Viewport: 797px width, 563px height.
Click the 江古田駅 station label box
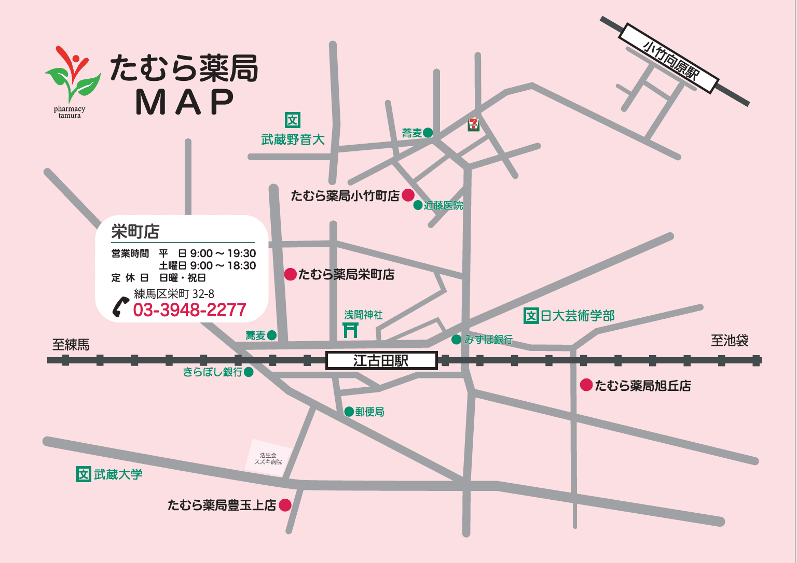[x=381, y=361]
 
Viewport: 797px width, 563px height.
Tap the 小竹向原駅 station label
[x=669, y=59]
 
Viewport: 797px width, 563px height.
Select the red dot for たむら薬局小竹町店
[x=408, y=195]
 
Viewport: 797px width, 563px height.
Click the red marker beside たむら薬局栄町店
[x=291, y=274]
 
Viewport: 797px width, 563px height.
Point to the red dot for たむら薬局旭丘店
[x=586, y=385]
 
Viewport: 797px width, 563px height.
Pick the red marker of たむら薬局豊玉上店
[x=285, y=504]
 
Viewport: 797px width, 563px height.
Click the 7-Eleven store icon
[x=473, y=124]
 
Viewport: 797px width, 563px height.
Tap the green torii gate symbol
[x=351, y=330]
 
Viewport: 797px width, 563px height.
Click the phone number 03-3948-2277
[x=189, y=310]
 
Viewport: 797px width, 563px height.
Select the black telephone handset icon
[x=120, y=307]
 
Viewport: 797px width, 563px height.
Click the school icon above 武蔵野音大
[x=293, y=120]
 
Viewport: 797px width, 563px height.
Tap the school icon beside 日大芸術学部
[x=531, y=315]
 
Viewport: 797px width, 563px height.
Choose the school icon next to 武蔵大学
[x=84, y=474]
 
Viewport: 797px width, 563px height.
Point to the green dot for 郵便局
[x=349, y=412]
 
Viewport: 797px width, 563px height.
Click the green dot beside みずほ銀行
[x=457, y=340]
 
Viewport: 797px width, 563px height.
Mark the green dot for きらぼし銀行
[x=249, y=372]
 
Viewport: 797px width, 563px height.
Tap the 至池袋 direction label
[x=730, y=341]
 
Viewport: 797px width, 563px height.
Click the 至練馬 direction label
[x=71, y=345]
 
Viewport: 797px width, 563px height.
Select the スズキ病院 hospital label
[x=268, y=459]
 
